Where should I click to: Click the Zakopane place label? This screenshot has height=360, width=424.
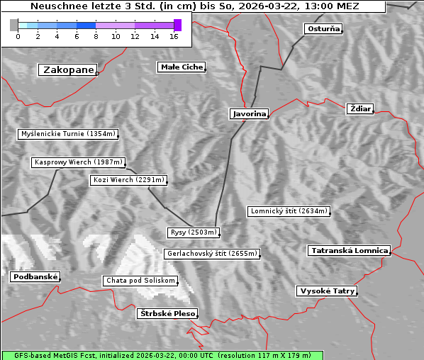pos(68,69)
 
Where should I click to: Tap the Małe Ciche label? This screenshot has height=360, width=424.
pos(182,67)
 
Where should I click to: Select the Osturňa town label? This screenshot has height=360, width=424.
pos(323,29)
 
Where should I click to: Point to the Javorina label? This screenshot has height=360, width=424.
pos(249,113)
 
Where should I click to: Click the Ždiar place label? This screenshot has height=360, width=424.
pos(360,108)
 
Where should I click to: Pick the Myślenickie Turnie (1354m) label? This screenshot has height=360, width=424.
pos(68,134)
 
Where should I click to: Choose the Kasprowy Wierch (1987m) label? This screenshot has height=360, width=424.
pos(79,162)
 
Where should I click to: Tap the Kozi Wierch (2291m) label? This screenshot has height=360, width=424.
pos(128,180)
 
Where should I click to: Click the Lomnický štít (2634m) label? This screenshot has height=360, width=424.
pos(289,211)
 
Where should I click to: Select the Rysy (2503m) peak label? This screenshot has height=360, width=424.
pos(194,232)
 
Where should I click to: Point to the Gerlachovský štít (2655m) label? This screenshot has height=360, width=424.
pos(211,254)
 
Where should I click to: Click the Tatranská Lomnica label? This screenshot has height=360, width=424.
pos(350,251)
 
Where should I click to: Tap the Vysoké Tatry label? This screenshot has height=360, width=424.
pos(327,291)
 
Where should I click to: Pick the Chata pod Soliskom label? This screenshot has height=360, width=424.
pos(140,281)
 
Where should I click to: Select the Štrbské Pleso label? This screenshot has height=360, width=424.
pos(167,313)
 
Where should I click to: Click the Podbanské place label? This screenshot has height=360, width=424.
pos(35,277)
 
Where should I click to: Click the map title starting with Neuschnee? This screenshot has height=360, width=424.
pos(195,6)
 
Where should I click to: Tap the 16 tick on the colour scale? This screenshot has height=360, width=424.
pos(174,36)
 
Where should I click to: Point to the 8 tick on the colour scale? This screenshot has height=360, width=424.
pos(96,36)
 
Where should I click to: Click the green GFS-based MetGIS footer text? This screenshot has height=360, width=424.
pos(162,355)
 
